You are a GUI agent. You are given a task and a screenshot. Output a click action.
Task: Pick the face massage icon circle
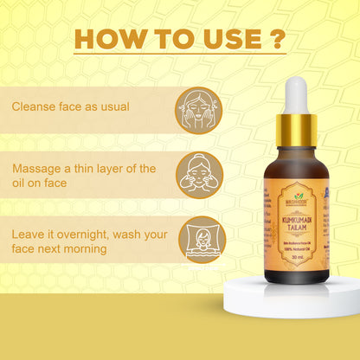(200, 173)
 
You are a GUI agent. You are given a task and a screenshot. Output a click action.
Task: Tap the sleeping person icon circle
(200, 238)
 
